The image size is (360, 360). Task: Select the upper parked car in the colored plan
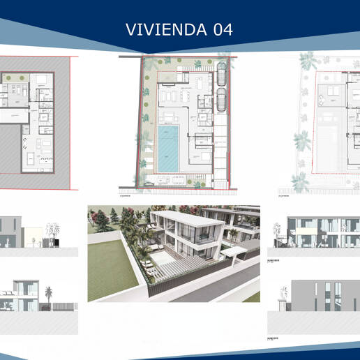coord(220,75)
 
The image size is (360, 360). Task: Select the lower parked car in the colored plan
coord(220,99)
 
